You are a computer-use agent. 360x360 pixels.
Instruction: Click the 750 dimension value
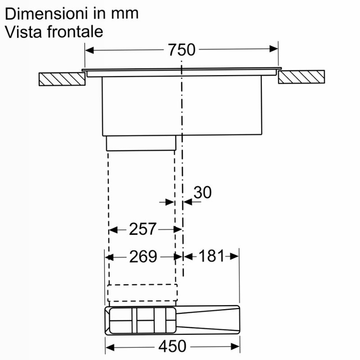pos(182,49)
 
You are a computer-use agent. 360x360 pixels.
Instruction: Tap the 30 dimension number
pos(202,193)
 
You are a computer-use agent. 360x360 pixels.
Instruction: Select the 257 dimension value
pos(143,229)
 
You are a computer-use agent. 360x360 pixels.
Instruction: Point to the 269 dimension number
pos(143,256)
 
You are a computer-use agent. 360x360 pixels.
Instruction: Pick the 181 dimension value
pos(211,256)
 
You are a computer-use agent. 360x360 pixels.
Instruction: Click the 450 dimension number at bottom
pos(172,346)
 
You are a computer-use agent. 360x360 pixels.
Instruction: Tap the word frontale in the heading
pos(75,31)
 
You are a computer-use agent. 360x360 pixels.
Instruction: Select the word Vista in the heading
pos(23,31)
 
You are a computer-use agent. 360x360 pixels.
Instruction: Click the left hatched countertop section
pos(62,79)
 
